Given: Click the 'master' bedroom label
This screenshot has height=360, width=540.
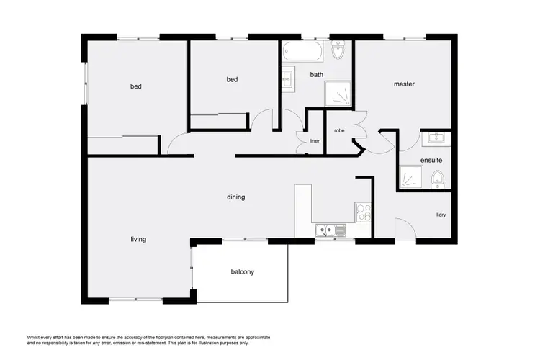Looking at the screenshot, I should (404, 84).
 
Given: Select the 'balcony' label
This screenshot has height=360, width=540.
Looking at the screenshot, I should (243, 272).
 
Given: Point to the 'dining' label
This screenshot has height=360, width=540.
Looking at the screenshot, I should (235, 197).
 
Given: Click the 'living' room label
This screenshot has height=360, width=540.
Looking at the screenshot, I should (138, 239).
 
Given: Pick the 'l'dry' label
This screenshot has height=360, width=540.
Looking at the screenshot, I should (441, 215).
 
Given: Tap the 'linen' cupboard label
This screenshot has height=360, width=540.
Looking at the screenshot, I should (315, 141).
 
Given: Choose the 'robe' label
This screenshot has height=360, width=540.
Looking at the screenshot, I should (338, 130).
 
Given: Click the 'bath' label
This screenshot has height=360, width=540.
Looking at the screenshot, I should (317, 75).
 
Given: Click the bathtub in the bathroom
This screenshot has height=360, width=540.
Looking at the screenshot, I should (302, 53).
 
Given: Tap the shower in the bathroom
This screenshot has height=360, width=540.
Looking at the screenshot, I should (338, 93).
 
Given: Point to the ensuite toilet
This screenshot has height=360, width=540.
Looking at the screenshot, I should (437, 178).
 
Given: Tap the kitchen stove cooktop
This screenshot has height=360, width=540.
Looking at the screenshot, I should (363, 212).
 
